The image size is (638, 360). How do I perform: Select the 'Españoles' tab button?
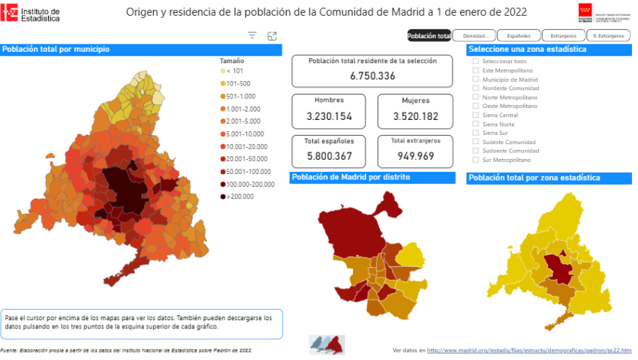click(519, 35)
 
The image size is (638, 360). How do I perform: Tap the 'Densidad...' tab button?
click(474, 35)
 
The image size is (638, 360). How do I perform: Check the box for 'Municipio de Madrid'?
click(475, 79)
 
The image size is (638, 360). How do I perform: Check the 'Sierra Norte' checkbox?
click(475, 124)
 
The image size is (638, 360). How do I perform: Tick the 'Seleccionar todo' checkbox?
click(475, 61)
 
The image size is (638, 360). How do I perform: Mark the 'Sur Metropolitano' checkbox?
click(475, 160)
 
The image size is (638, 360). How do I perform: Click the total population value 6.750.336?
click(372, 76)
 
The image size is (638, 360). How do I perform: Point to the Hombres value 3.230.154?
click(330, 116)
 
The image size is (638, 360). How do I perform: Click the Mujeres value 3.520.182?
click(415, 116)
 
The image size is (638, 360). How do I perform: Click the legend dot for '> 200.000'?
click(223, 196)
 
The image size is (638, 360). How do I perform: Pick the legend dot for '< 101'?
click(223, 70)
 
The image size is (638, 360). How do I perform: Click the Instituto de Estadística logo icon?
click(10, 13)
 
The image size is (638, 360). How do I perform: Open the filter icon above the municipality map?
click(252, 35)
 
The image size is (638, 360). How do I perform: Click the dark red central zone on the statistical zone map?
click(556, 266)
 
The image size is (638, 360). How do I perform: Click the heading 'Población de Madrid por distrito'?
click(351, 178)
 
